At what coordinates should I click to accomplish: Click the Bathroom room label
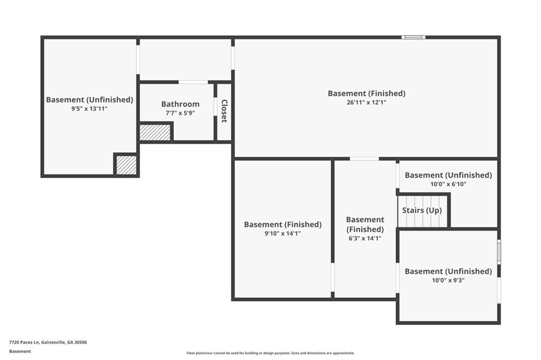coord(180,104)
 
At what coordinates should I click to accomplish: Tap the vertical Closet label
coord(224,111)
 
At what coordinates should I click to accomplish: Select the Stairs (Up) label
coord(422,210)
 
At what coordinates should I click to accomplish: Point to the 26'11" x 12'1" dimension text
coord(367,102)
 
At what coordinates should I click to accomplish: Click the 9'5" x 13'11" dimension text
coord(90,109)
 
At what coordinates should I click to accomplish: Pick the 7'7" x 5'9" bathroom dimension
coord(180,113)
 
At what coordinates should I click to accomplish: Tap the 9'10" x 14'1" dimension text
coord(283,233)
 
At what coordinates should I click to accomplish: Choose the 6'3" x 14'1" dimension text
coord(365,238)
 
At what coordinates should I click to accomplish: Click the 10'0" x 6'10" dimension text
coord(448,184)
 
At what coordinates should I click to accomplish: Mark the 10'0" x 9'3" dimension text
coord(448,280)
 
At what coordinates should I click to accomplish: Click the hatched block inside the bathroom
coord(155,132)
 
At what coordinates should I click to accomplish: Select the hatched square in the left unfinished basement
coord(126,165)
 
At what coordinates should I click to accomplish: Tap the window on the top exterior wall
coord(413,37)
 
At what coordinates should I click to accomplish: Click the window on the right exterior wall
coord(499,252)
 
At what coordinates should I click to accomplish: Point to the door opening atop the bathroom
coord(193,82)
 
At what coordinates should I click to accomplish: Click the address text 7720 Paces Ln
coord(24,343)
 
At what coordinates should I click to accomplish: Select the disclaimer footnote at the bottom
coord(270,353)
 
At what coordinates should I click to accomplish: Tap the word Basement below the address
coord(20,352)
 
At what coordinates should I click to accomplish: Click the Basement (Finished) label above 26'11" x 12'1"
coord(367,93)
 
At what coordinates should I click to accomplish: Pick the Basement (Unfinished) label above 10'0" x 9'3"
coord(448,271)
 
